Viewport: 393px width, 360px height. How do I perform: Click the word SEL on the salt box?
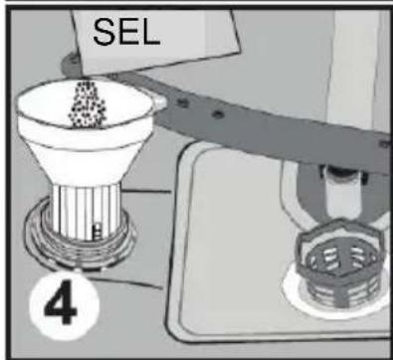pos(126,32)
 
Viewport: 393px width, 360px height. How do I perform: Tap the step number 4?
pos(61,302)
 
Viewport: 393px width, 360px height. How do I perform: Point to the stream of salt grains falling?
pos(87,103)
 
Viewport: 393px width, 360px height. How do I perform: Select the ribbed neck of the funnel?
pos(87,211)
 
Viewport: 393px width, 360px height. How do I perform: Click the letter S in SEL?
pos(104,32)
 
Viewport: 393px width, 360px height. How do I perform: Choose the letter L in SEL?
pos(151,33)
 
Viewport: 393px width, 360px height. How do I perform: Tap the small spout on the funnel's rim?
pos(160,102)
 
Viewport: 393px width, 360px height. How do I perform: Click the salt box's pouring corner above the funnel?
pos(87,74)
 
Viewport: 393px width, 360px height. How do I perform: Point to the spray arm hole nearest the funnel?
pos(183,102)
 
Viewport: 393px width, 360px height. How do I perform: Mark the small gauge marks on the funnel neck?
pos(98,231)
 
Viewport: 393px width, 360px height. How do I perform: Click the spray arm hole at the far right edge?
pos(385,144)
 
